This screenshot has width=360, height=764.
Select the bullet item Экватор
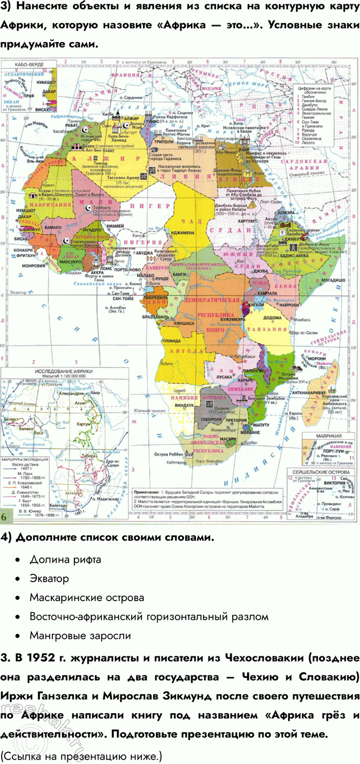[50, 578]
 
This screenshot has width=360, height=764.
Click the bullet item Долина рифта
[65, 560]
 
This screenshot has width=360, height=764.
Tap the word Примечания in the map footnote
[148, 493]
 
